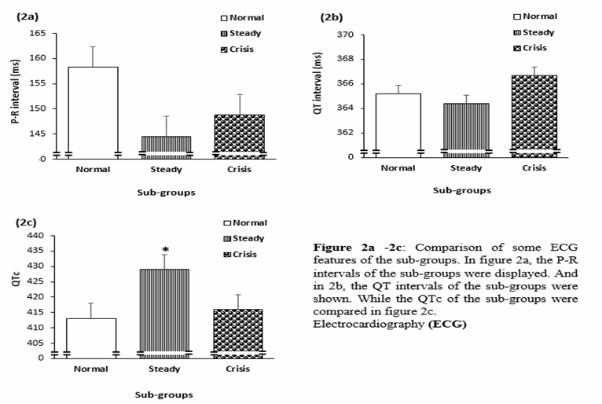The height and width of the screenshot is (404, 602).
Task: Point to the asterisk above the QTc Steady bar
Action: (x=165, y=250)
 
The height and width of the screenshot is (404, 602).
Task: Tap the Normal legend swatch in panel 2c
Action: (x=224, y=223)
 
